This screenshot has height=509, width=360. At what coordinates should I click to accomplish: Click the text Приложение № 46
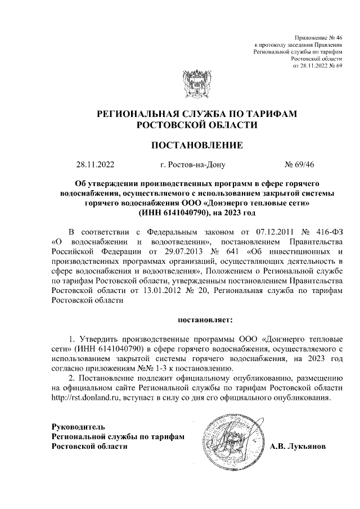(318, 37)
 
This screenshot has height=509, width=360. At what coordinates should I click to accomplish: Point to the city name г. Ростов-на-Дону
(192, 165)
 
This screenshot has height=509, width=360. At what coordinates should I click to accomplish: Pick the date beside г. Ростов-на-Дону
(95, 165)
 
